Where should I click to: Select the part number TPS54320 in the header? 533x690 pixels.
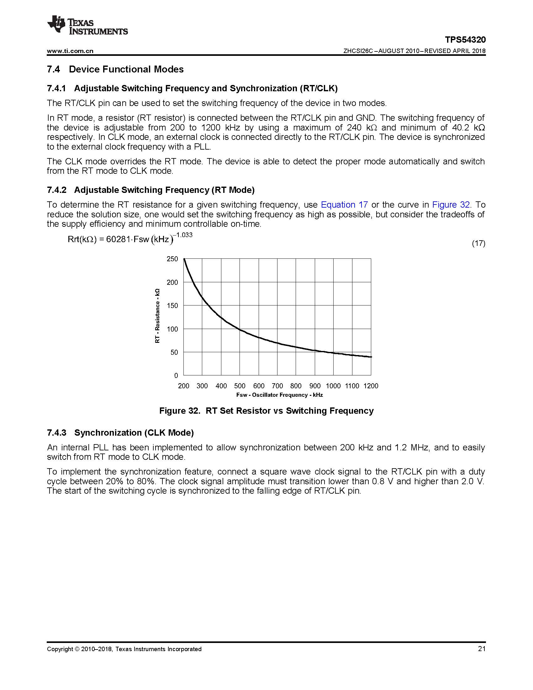pos(465,40)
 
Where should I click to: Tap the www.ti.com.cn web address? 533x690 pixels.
pos(70,51)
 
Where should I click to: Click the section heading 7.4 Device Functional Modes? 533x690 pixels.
pos(115,69)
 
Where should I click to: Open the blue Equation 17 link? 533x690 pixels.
pos(344,205)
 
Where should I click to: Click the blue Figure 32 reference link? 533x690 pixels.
pos(451,205)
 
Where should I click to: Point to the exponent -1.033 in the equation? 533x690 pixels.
pos(184,235)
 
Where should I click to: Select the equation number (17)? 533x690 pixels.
pos(478,243)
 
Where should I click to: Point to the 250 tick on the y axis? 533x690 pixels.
pos(172,259)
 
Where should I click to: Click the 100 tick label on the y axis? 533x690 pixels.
pos(172,329)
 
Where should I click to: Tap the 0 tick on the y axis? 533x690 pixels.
pos(176,376)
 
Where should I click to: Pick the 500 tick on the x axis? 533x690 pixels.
pos(240,386)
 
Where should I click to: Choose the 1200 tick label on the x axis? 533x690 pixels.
pos(371,386)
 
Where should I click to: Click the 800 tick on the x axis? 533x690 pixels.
pos(296,386)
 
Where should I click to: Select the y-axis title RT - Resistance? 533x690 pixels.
pos(157,316)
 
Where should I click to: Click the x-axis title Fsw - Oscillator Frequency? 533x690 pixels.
pos(279,395)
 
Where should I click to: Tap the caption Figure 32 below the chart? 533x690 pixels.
pos(266,411)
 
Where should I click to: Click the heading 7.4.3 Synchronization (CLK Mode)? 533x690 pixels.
pos(120,433)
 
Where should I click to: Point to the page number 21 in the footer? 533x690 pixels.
pos(482,649)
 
